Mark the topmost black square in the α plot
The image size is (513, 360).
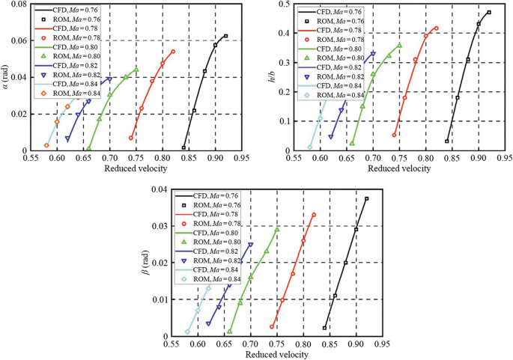[225, 36]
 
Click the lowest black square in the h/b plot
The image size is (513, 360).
[447, 141]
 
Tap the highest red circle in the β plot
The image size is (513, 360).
[314, 215]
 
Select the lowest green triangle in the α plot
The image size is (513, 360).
[89, 148]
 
